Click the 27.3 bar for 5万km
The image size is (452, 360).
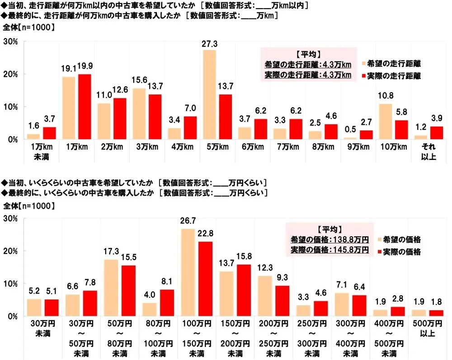(x=210, y=95)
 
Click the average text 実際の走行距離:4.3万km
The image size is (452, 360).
(x=307, y=74)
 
